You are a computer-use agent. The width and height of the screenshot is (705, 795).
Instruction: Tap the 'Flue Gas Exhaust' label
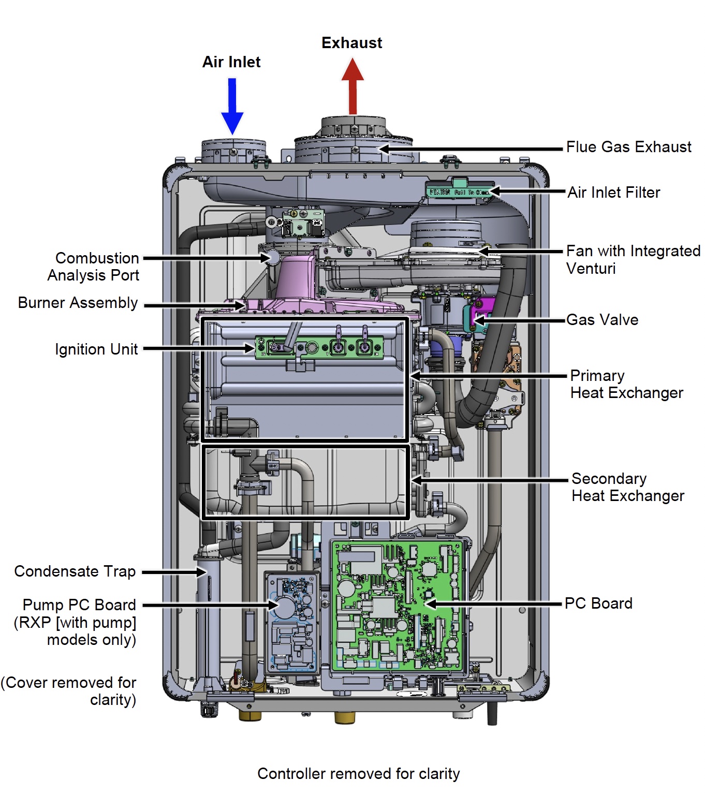click(x=628, y=148)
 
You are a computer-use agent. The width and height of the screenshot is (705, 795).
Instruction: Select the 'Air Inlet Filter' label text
click(x=614, y=193)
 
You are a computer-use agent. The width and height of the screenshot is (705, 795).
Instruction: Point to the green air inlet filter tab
click(x=459, y=191)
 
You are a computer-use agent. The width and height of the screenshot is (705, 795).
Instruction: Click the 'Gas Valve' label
click(x=602, y=320)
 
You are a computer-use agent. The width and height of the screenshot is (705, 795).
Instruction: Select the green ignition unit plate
click(x=319, y=347)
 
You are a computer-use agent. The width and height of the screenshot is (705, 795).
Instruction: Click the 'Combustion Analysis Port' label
click(x=94, y=267)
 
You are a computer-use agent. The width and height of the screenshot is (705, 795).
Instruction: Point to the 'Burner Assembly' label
click(x=78, y=303)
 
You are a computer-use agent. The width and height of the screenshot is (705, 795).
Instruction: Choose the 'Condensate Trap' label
click(x=75, y=571)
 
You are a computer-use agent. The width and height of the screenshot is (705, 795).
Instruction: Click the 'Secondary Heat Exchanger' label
click(x=627, y=487)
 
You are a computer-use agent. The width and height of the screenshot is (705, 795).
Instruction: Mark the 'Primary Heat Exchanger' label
click(x=626, y=384)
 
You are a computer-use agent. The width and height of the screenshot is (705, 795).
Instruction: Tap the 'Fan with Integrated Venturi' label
click(x=633, y=259)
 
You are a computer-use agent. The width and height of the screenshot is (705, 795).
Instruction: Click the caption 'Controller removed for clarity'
click(x=358, y=774)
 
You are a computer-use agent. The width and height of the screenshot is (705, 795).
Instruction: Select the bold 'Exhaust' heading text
click(x=352, y=43)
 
